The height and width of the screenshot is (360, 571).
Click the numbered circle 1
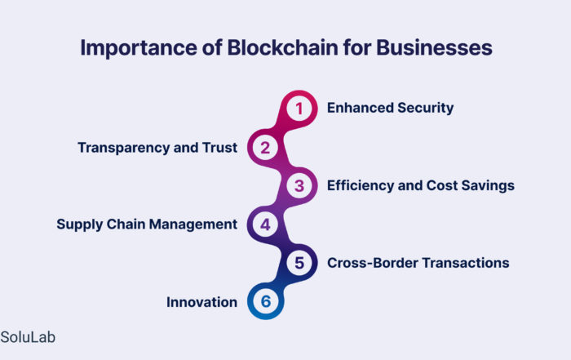coord(299,109)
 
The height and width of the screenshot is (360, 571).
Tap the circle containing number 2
coord(265,148)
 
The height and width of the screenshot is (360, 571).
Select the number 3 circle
coord(299,186)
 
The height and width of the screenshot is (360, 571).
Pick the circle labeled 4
coord(265,224)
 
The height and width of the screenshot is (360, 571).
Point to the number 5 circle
coord(299,263)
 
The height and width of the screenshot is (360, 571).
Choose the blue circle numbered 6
coord(265,301)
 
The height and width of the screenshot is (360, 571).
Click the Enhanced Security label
coord(390,108)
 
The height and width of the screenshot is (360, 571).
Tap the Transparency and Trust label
coord(157,148)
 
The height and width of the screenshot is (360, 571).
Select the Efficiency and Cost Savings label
coord(421,185)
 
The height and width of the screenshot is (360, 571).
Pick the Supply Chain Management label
coord(147,224)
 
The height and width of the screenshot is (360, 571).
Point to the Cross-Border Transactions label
coord(418,263)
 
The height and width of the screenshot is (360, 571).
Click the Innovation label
coord(201,302)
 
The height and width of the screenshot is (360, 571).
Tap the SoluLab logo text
coord(28,337)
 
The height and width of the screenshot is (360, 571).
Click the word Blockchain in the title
coord(282,47)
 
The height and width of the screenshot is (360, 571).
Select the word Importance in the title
coord(139,48)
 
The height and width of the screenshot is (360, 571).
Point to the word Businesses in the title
coord(434,47)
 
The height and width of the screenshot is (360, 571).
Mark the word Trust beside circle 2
coord(220,148)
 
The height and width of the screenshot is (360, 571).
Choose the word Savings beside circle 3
coord(488,186)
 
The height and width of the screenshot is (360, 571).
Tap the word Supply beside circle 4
coord(80,224)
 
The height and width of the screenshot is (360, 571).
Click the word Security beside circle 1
coord(425,109)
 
